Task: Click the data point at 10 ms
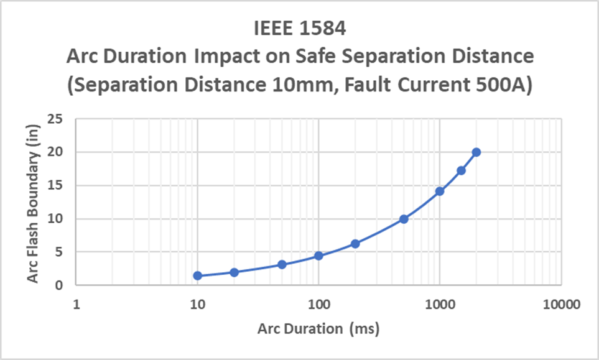[x=197, y=275]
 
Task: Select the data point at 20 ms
[x=234, y=272]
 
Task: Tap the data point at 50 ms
[x=282, y=264]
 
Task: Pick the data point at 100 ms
[x=318, y=256]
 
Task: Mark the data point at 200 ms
[x=355, y=244]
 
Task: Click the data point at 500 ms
[x=404, y=219]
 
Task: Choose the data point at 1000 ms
[x=440, y=191]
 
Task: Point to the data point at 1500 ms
[x=461, y=170]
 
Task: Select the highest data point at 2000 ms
[x=476, y=152]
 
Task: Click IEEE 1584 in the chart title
[x=299, y=29]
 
